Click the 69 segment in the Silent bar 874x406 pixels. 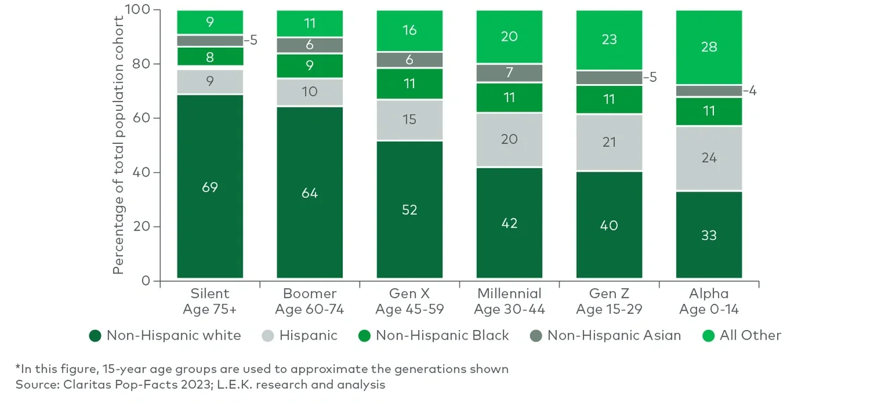tap(210, 186)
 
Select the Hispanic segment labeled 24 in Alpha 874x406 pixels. tap(709, 158)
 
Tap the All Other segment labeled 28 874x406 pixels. tap(709, 47)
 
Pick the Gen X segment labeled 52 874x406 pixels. tap(409, 210)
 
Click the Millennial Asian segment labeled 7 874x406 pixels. tap(509, 73)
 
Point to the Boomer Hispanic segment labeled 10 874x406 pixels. tap(309, 92)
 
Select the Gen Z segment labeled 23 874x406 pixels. tap(608, 40)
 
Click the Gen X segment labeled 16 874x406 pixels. tap(409, 31)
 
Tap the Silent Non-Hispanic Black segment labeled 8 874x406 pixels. tap(210, 56)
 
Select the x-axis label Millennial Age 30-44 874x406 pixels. tap(509, 302)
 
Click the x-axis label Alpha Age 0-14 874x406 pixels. tap(709, 302)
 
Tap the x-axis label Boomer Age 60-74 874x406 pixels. tap(309, 302)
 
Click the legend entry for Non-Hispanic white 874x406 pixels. tap(165, 335)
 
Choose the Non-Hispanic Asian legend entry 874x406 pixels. tap(606, 335)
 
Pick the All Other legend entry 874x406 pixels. tap(742, 335)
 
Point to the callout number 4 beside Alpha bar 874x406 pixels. tap(752, 91)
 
